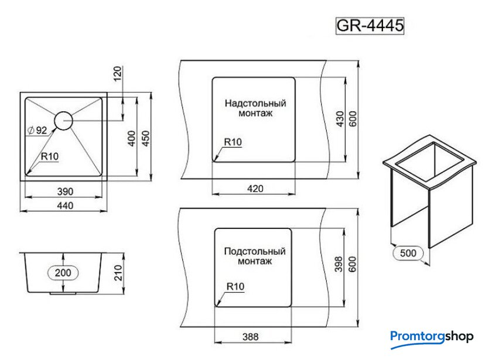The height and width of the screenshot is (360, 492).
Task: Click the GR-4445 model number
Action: point(370,25)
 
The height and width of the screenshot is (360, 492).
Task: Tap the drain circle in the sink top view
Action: point(63,121)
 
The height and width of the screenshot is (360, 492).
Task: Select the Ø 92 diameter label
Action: point(37,130)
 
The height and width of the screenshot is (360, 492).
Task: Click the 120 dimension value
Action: point(117,73)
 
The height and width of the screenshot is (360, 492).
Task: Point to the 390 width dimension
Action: point(65,191)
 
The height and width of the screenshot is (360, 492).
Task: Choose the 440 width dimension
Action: point(65,205)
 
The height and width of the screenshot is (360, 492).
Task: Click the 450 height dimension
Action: point(146,138)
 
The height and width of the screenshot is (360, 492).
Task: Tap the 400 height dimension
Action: point(132,138)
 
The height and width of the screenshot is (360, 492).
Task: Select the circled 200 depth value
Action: point(63,273)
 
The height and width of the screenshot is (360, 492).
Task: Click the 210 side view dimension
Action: point(118,273)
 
